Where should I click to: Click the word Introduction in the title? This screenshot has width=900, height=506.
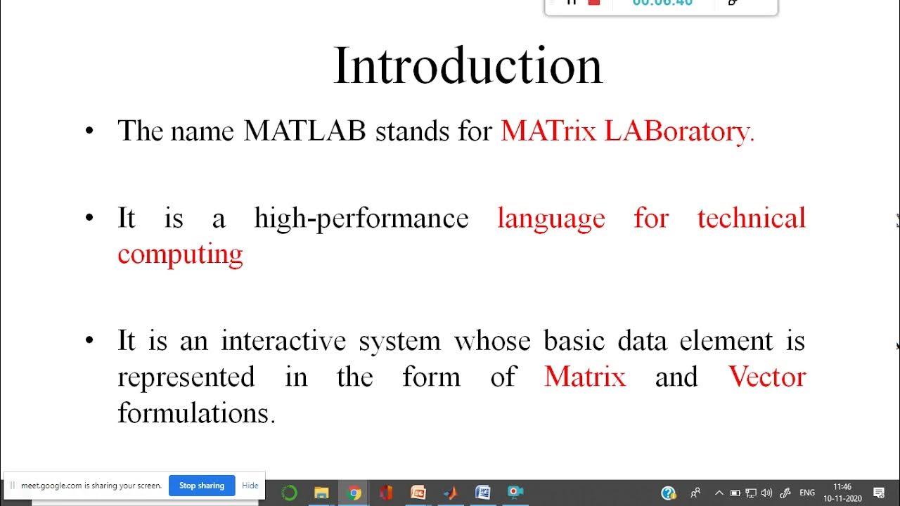[x=468, y=66]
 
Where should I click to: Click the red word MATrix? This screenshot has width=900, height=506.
[x=548, y=131]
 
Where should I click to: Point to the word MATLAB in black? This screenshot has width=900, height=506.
[x=304, y=131]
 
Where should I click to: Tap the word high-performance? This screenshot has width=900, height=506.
[x=361, y=219]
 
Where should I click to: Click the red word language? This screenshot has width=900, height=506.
[x=551, y=219]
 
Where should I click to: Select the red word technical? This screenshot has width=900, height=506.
[x=751, y=219]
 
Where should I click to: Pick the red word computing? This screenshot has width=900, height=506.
[x=180, y=254]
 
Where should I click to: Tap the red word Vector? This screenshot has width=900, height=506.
[x=766, y=377]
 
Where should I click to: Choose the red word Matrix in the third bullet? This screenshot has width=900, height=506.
[x=584, y=377]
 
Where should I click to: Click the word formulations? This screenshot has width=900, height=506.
[x=196, y=413]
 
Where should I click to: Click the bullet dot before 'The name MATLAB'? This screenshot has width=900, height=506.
[x=89, y=131]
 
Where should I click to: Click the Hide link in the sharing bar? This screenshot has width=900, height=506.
[x=250, y=486]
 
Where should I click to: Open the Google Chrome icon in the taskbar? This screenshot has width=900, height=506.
[x=354, y=493]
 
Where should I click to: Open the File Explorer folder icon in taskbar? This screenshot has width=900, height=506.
[x=321, y=493]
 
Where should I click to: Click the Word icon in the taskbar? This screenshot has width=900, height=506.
[x=482, y=493]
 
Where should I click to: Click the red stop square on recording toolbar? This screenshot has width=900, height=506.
[x=594, y=2]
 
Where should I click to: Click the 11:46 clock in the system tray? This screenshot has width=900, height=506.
[x=842, y=487]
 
